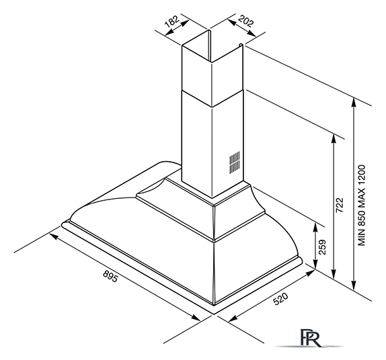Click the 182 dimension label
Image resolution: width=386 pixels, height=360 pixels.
[x=172, y=21]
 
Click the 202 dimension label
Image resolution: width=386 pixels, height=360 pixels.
[x=245, y=21]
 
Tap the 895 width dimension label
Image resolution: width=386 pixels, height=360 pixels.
[x=110, y=276]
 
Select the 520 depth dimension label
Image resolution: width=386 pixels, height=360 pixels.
[x=280, y=298]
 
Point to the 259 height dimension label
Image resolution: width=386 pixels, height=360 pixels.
[x=322, y=247]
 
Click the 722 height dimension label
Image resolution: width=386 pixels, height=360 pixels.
[x=340, y=206]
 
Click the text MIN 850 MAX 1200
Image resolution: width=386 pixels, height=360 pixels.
[x=361, y=206]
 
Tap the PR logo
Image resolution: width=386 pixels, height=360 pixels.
[x=311, y=337]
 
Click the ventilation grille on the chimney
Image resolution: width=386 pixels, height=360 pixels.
[x=235, y=162]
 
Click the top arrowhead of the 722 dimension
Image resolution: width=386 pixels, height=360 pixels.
[x=334, y=138]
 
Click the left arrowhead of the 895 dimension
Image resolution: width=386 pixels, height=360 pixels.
[x=54, y=236]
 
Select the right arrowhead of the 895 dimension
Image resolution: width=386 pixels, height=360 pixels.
[x=196, y=318]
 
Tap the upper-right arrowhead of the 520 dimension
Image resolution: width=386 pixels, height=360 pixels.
[x=310, y=273]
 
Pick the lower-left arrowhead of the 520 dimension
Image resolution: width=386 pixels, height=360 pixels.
[x=233, y=318]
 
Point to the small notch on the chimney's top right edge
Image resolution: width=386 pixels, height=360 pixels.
[x=241, y=45]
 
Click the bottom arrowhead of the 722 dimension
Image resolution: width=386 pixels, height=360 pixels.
[x=334, y=274]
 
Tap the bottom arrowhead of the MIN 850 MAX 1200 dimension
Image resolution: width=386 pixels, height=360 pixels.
[x=354, y=285]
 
